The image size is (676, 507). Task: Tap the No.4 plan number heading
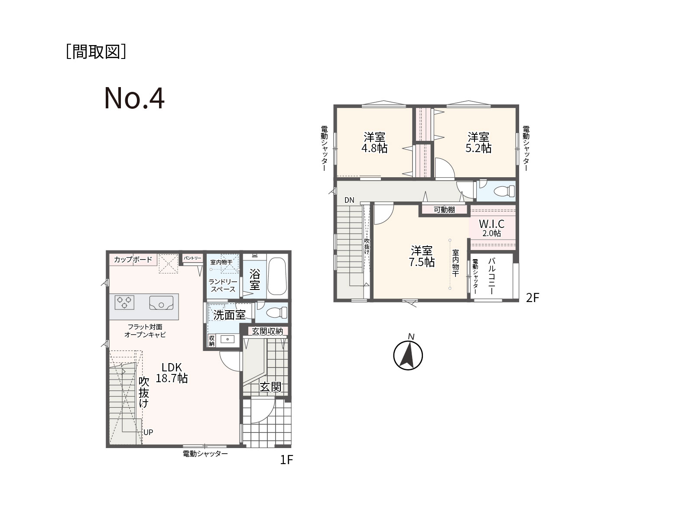(135, 98)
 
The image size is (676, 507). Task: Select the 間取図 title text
(96, 52)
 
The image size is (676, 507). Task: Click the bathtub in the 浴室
(277, 276)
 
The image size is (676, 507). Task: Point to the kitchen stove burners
(124, 302)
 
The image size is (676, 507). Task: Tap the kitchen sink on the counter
(161, 302)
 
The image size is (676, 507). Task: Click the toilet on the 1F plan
(276, 313)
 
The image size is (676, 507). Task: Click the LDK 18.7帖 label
(172, 373)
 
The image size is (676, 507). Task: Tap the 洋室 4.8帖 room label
(374, 143)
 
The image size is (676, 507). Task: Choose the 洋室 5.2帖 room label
(478, 143)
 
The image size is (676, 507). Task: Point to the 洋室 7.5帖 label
(422, 256)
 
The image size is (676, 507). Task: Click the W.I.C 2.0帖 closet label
(492, 228)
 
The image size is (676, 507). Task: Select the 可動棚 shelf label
(444, 210)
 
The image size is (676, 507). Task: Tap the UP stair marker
(148, 432)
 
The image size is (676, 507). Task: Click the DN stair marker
(349, 200)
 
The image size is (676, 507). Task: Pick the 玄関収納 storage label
(267, 331)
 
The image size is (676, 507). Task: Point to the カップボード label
(133, 260)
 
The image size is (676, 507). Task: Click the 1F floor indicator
(286, 460)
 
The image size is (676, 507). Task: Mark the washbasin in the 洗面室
(227, 339)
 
